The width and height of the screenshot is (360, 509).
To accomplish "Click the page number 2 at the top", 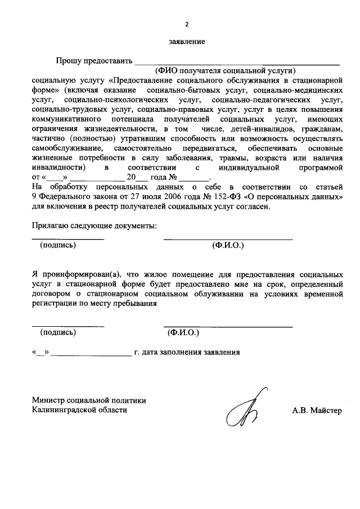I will point(187,24).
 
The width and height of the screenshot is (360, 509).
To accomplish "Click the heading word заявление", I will point(187,42).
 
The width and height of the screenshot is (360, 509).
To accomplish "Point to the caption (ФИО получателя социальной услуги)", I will point(226,71).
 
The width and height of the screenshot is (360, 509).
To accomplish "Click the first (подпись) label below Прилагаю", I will point(58,245).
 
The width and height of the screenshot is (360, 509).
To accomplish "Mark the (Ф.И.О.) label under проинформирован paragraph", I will point(183,332).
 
